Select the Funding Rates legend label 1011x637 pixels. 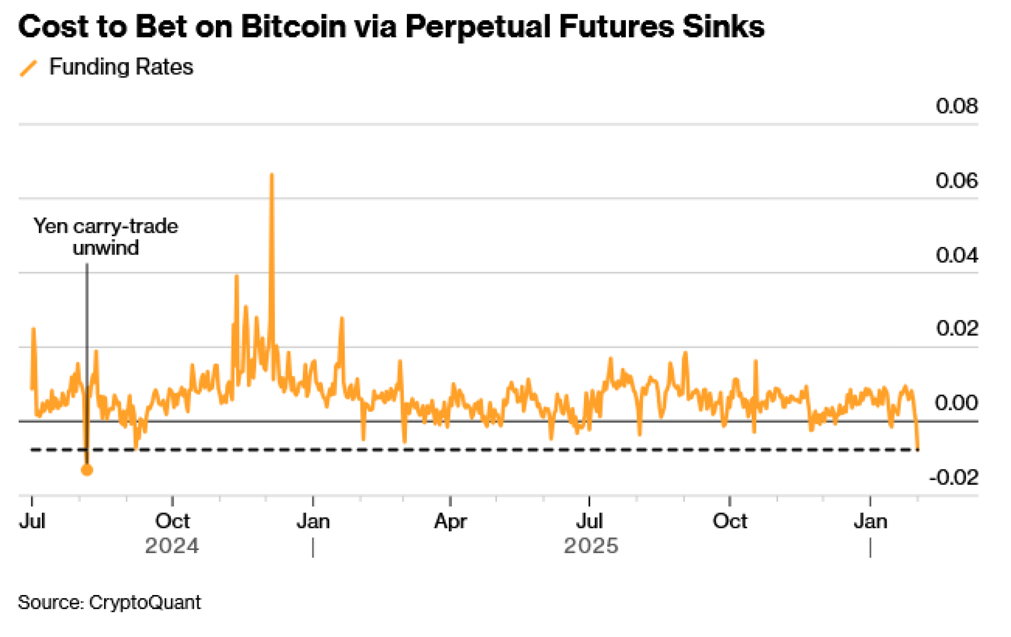tap(121, 67)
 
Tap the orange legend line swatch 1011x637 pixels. tap(29, 68)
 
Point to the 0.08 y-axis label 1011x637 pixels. tap(956, 106)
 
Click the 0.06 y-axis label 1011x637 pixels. tap(956, 181)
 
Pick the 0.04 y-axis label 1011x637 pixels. tap(956, 255)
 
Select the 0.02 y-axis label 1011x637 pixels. tap(956, 329)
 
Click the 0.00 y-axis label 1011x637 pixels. tap(956, 403)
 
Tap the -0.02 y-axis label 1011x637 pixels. tap(953, 478)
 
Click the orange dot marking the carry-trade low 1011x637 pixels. tap(87, 470)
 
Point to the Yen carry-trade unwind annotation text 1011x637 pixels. tap(106, 237)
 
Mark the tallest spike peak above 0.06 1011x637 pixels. tap(272, 175)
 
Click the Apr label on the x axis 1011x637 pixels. tap(450, 521)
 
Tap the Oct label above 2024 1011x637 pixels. tap(172, 521)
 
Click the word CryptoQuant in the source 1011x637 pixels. tap(145, 603)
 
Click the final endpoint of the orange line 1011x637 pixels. tap(918, 448)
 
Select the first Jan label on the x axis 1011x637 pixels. tap(313, 521)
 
